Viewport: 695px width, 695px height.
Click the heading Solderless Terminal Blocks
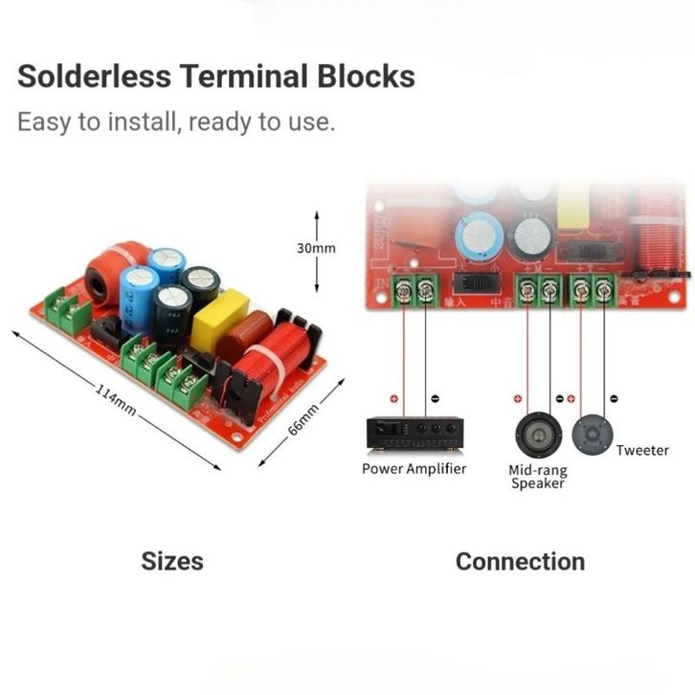point(216,76)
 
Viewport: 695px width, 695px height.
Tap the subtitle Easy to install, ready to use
point(176,123)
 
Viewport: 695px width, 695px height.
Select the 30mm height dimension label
point(316,248)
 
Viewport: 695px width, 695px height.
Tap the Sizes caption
point(172,560)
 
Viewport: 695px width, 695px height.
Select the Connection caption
point(520,561)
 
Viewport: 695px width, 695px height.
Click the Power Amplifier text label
point(414,468)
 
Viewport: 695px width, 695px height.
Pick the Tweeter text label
point(642,450)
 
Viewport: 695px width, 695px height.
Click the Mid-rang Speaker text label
point(537,476)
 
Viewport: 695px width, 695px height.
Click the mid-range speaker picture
point(537,436)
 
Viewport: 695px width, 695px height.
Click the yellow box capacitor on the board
point(219,322)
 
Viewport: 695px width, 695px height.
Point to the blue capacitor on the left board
point(141,299)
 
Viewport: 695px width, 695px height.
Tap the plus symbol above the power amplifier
point(392,398)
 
